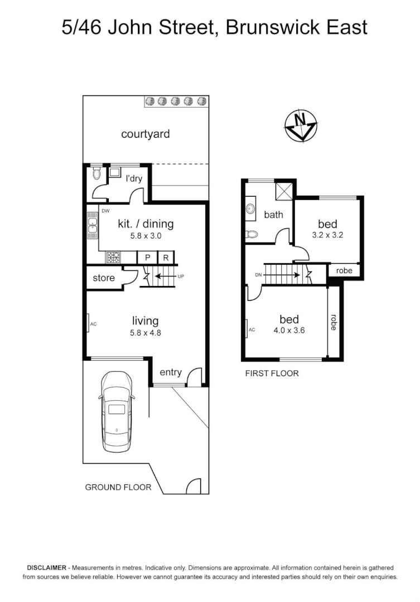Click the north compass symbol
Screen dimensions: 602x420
pyautogui.click(x=301, y=126)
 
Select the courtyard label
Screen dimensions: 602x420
pyautogui.click(x=146, y=134)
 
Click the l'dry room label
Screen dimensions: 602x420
pyautogui.click(x=134, y=179)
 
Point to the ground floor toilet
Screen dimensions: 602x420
pyautogui.click(x=96, y=173)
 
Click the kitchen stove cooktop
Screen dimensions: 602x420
pyautogui.click(x=113, y=258)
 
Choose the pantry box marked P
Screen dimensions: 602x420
pyautogui.click(x=147, y=258)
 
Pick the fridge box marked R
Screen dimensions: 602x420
pyautogui.click(x=166, y=258)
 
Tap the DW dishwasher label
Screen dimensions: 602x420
pyautogui.click(x=105, y=211)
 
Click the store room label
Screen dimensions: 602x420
pyautogui.click(x=104, y=278)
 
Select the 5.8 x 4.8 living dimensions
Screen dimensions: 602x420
pyautogui.click(x=145, y=333)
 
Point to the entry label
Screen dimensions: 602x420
pyautogui.click(x=171, y=372)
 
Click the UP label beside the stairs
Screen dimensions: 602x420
pyautogui.click(x=181, y=276)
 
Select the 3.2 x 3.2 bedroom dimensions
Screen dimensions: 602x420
pyautogui.click(x=327, y=235)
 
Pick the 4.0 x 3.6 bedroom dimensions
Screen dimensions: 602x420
pyautogui.click(x=289, y=330)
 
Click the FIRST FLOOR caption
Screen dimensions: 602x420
pyautogui.click(x=272, y=373)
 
